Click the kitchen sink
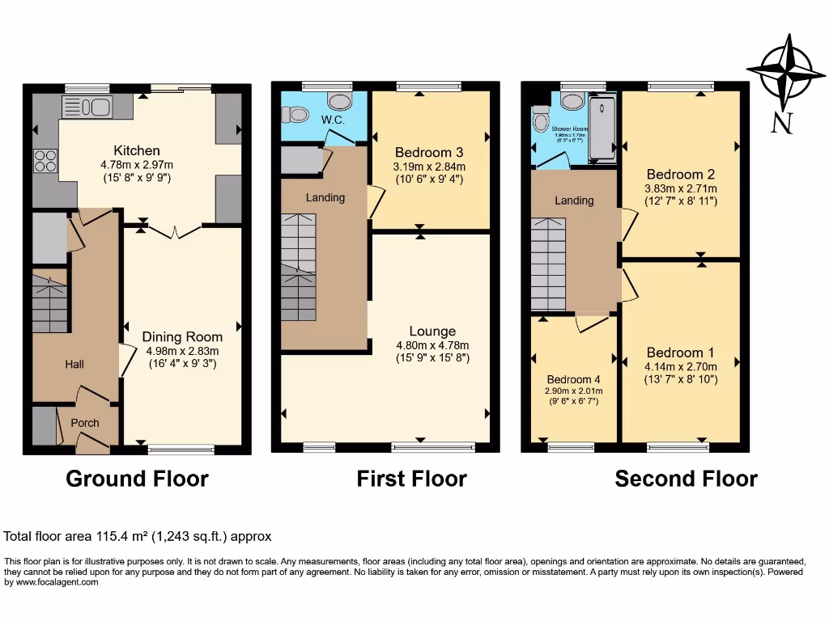click(86, 106)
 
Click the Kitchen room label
click(136, 150)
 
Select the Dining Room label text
click(182, 336)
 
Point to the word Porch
click(85, 423)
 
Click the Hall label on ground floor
click(74, 365)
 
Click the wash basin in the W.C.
click(339, 100)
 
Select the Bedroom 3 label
click(429, 152)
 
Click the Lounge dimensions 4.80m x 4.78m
click(432, 344)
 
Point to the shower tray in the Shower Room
click(602, 128)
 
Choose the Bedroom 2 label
click(681, 174)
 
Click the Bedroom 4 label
click(574, 380)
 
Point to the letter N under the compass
click(781, 122)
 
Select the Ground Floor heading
click(137, 479)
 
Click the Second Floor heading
click(686, 479)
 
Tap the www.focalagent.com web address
click(52, 582)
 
